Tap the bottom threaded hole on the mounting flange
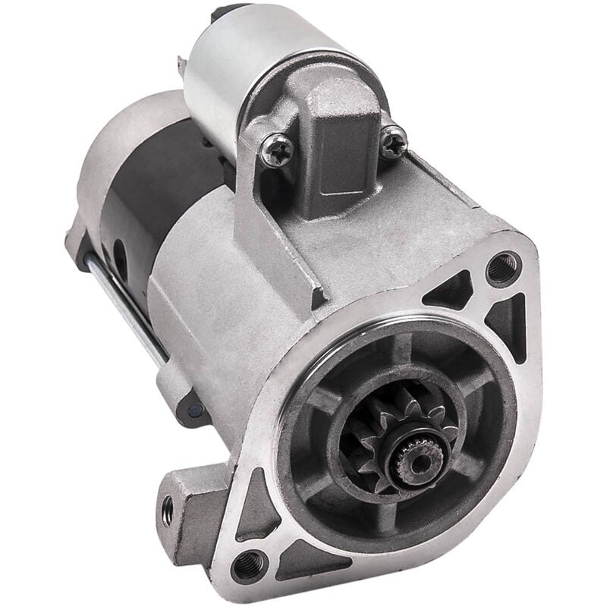point(244,562)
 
